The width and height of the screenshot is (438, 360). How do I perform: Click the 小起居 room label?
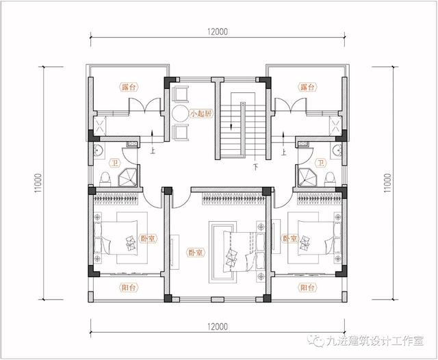201,114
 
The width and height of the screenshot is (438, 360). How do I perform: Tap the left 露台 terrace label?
129,87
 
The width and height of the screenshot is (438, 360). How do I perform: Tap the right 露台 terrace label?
307,87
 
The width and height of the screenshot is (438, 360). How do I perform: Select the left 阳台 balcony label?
129,287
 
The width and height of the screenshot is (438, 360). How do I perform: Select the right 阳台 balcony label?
307,287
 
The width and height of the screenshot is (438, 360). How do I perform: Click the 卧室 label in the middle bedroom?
195,253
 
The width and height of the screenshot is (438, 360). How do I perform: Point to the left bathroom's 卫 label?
114,162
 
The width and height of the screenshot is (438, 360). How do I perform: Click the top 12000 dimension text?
218,31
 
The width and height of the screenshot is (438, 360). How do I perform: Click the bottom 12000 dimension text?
218,326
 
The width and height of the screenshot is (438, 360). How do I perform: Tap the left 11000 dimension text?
38,183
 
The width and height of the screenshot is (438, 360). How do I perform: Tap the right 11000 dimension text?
387,183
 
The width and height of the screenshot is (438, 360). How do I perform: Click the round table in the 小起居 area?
181,114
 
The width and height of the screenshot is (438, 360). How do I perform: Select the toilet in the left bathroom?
105,179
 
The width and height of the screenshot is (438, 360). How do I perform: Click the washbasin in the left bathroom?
99,151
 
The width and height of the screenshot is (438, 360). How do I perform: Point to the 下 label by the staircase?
255,167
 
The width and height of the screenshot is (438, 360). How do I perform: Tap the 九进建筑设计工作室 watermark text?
374,341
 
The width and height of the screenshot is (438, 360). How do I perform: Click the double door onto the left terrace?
144,105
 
